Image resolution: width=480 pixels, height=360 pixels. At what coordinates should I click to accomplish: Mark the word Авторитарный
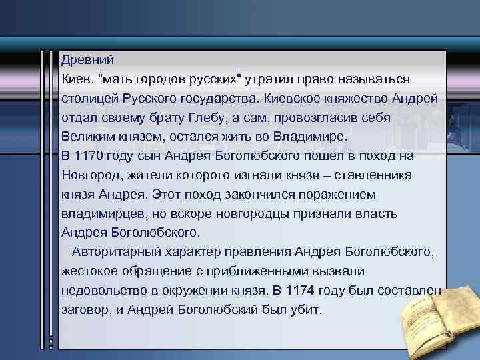113,253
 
